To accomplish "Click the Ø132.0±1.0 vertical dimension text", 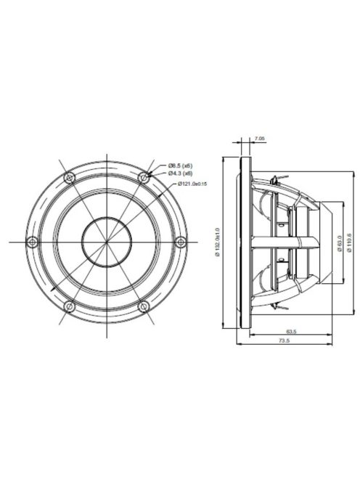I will [216, 240].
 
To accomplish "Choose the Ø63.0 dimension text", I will [340, 240].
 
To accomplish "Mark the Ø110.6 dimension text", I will [350, 240].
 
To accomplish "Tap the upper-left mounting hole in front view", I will [68, 176].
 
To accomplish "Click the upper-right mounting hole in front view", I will [144, 176].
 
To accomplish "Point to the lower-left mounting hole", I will [68, 304].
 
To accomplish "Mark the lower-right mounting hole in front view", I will [144, 304].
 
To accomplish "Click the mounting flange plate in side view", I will [249, 240].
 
